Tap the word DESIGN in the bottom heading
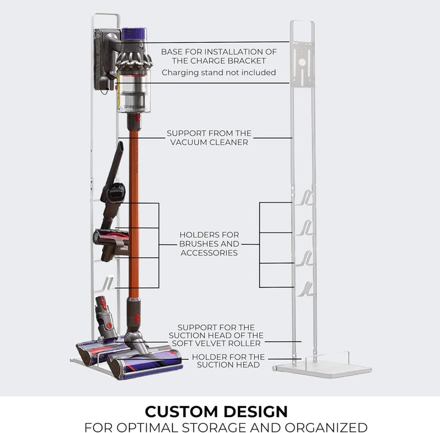pos(256,412)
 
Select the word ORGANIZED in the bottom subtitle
pos(326,427)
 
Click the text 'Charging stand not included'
pos(219,72)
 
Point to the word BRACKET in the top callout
pos(247,61)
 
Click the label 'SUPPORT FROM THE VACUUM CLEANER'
pos(209,138)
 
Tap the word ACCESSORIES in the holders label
pos(209,253)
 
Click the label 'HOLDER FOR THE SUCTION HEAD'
pos(228,361)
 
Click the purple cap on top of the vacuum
pos(134,33)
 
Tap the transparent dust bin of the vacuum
pos(134,91)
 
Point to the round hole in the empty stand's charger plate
pos(302,62)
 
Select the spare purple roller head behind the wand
pos(101,351)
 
